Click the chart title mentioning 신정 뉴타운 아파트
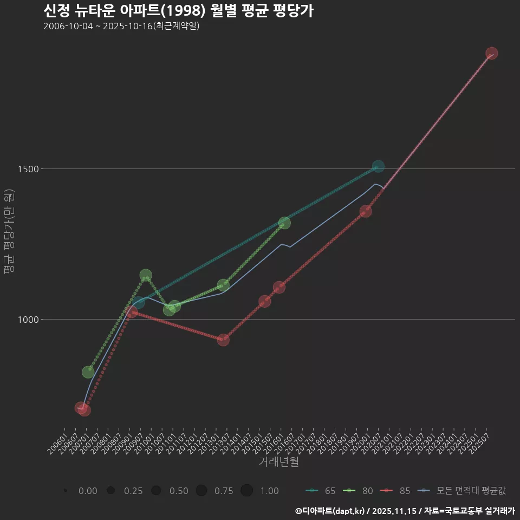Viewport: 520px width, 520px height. (x=178, y=11)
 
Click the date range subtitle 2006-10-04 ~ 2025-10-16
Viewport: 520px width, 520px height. (x=121, y=26)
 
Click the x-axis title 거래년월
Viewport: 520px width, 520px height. (x=279, y=461)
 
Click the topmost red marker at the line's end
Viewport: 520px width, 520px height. (x=491, y=53)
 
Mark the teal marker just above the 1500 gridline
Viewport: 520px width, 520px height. (x=378, y=166)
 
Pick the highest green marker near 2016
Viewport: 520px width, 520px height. (x=284, y=223)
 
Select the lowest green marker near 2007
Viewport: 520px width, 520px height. (x=88, y=372)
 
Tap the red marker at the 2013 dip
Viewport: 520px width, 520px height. (x=223, y=340)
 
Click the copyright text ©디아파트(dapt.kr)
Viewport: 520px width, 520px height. (x=330, y=511)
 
